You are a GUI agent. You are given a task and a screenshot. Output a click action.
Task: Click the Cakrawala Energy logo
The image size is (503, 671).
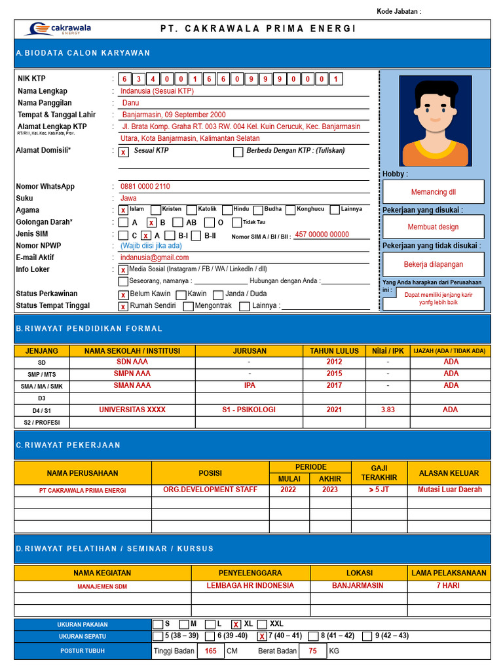[x=58, y=29]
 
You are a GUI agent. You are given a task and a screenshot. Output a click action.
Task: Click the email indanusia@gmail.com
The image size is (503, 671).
[x=155, y=258]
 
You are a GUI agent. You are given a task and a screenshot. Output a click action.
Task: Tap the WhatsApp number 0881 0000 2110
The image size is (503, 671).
[x=145, y=187]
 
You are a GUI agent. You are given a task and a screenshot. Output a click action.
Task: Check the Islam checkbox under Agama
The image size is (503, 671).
[x=123, y=210]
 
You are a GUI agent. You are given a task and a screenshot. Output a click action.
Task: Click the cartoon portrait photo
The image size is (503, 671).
[x=435, y=121]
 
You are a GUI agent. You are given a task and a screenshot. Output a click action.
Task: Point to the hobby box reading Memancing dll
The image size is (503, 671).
[x=434, y=192]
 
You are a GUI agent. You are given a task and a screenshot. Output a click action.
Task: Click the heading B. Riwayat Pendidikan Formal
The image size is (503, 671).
[x=89, y=328]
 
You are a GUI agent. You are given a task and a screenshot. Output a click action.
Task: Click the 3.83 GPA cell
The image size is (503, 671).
[x=388, y=410]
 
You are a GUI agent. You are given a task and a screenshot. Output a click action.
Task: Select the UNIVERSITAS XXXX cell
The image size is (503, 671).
[x=132, y=410]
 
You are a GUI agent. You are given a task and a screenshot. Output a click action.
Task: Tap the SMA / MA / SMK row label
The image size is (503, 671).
[x=42, y=386]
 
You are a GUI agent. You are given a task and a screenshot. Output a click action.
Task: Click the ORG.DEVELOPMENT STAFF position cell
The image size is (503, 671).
[x=210, y=489]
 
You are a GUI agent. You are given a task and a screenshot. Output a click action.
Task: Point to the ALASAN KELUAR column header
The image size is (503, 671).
[x=449, y=473]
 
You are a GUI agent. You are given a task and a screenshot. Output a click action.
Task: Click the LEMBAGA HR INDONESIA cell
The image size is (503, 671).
[x=250, y=585]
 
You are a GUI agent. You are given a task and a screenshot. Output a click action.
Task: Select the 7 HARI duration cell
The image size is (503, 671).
[x=449, y=585]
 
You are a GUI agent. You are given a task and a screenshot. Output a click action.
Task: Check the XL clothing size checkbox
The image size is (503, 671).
[x=236, y=624]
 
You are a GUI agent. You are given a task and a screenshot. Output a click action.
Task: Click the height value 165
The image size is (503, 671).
[x=210, y=651]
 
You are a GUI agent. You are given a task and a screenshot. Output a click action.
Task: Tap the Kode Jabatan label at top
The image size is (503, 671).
[x=399, y=11]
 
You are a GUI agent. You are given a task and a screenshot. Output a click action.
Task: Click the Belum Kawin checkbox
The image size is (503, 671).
[x=123, y=295]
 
